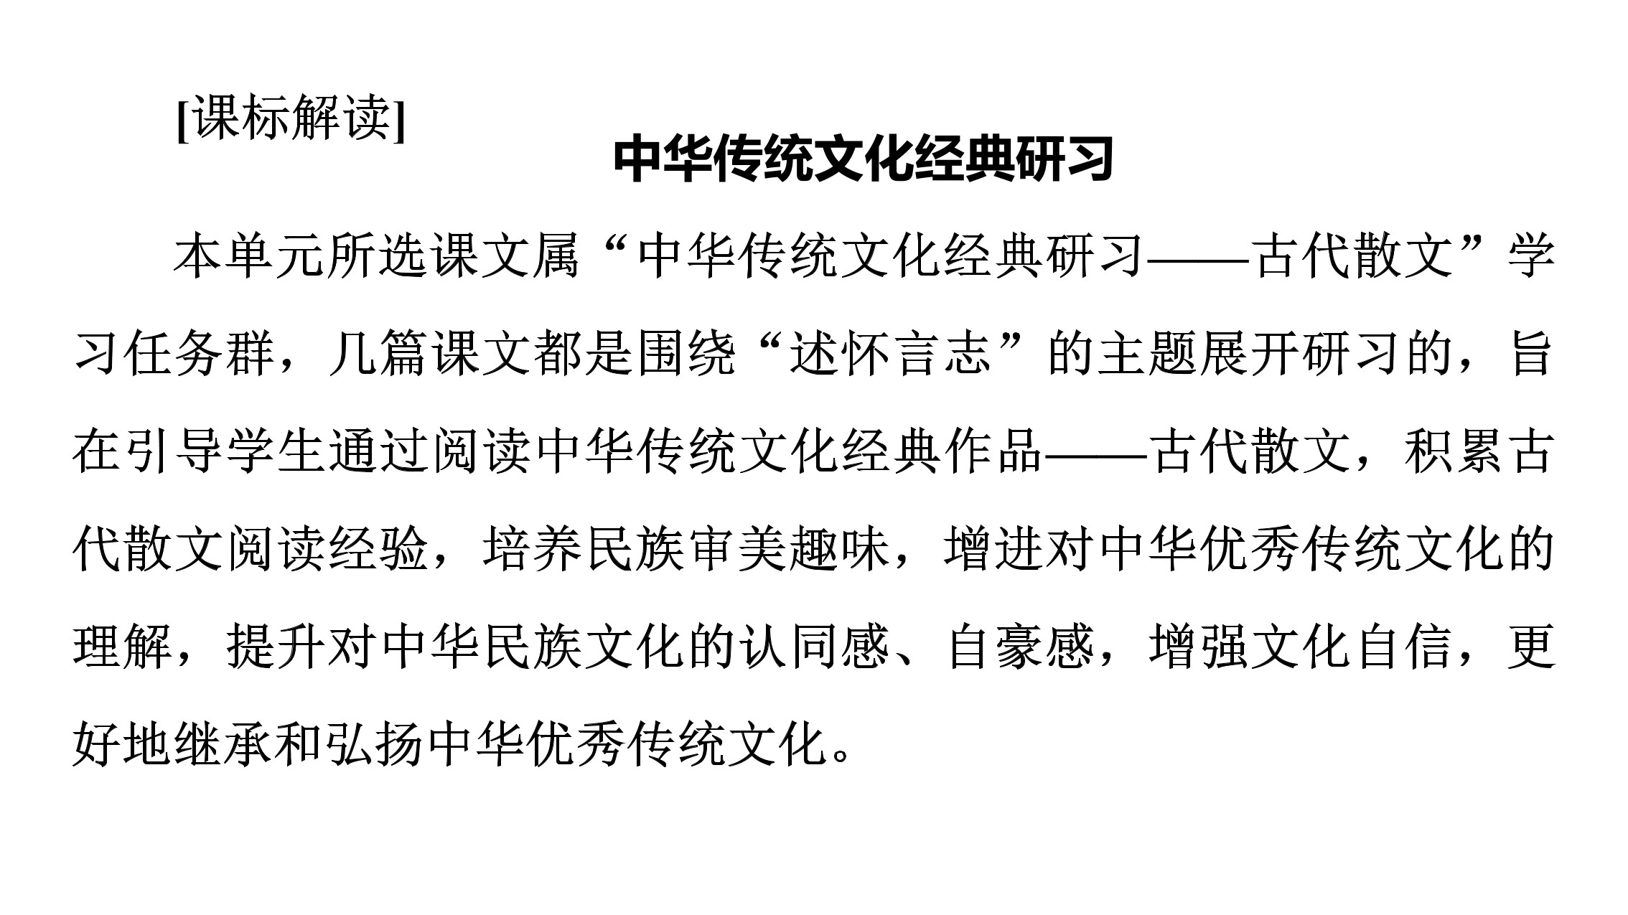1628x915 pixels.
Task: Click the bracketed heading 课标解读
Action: (x=291, y=118)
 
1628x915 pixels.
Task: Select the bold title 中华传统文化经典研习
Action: (x=864, y=159)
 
